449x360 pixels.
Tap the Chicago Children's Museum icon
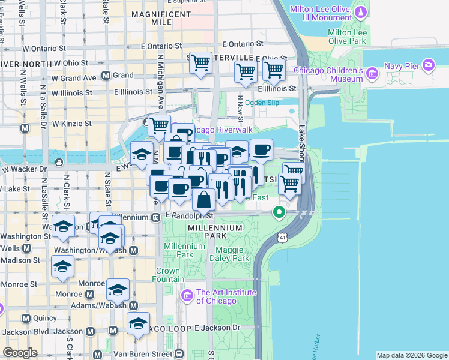pyautogui.click(x=372, y=74)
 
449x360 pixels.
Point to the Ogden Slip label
pyautogui.click(x=262, y=103)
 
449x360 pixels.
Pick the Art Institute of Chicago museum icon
pyautogui.click(x=187, y=296)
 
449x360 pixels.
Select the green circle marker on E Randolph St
pyautogui.click(x=279, y=212)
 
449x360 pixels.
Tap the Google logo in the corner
pyautogui.click(x=20, y=353)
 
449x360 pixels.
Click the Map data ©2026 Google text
pyautogui.click(x=411, y=355)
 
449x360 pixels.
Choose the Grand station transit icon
pyautogui.click(x=106, y=76)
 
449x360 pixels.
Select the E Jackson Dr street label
pyautogui.click(x=217, y=328)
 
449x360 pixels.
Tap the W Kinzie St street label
pyautogui.click(x=71, y=124)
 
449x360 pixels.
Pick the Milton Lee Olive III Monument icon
pyautogui.click(x=360, y=11)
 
